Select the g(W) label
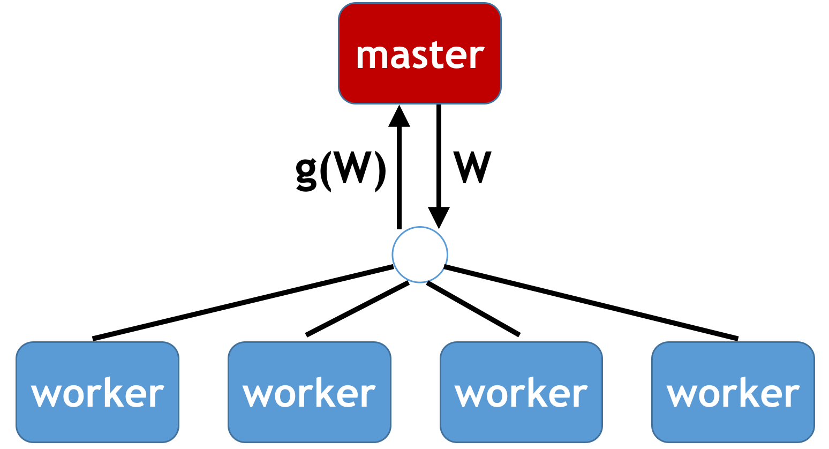(340, 170)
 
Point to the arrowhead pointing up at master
(399, 117)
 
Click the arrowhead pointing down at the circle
(439, 217)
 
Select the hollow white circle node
(419, 255)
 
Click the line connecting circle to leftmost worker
(244, 302)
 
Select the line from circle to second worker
(357, 309)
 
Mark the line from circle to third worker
(473, 309)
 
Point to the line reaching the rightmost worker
(592, 302)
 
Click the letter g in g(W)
(306, 174)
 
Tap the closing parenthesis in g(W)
(380, 171)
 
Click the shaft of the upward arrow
(399, 177)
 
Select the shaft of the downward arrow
(439, 155)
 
